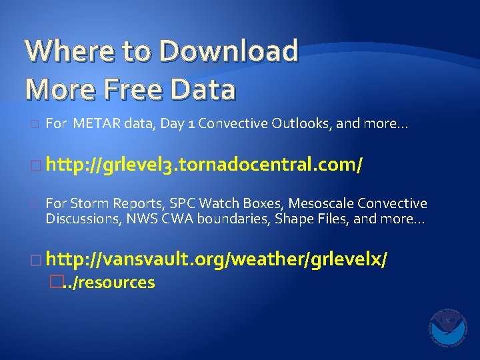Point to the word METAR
pos(95,123)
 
